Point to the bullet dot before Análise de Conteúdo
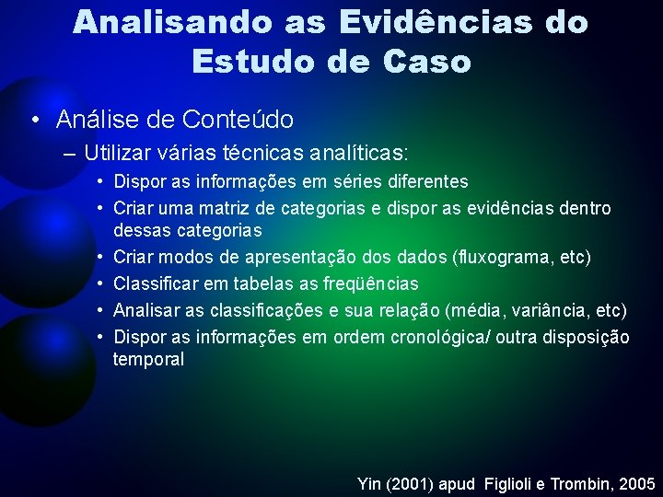(x=34, y=120)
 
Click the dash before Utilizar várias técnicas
(x=70, y=152)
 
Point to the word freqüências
(x=368, y=283)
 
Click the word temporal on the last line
(x=148, y=359)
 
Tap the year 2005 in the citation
(x=636, y=483)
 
